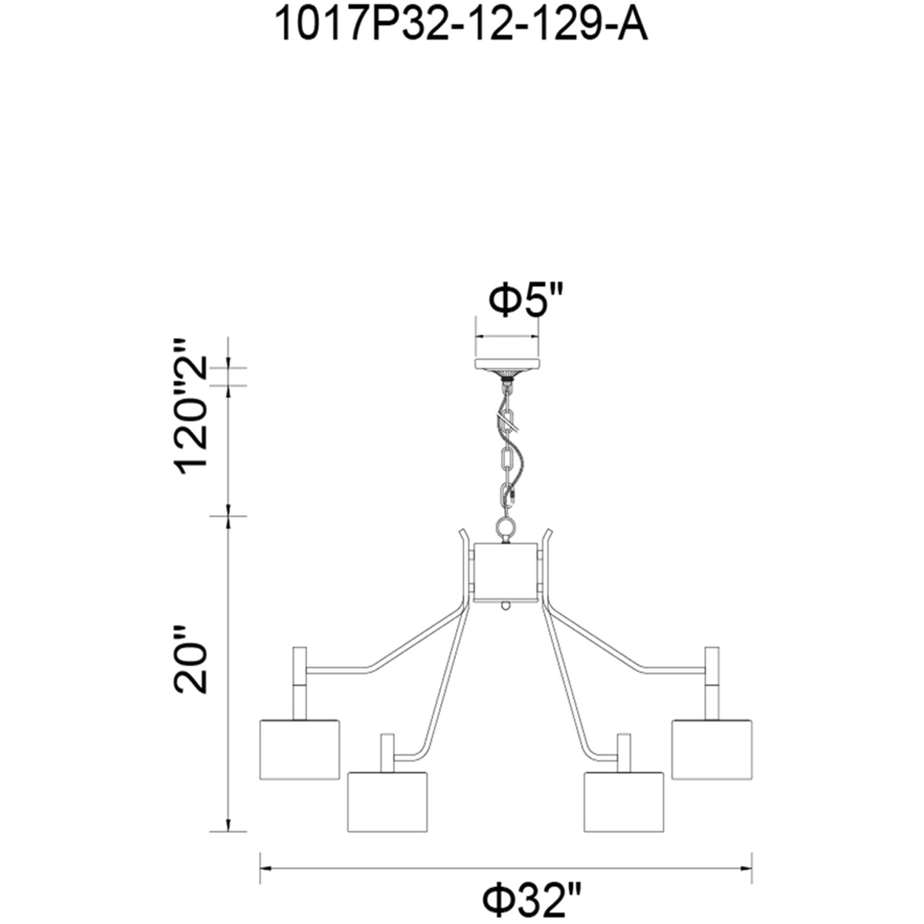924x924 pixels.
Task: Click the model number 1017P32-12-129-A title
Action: click(461, 26)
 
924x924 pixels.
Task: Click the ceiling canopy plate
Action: click(506, 365)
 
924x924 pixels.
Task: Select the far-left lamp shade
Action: click(300, 749)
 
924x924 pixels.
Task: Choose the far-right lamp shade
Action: click(712, 749)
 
